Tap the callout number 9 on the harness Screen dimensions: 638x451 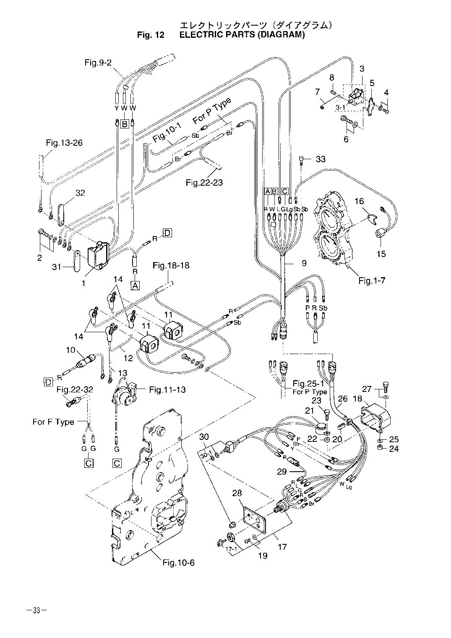pos(304,263)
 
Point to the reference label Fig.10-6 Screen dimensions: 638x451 pos(178,562)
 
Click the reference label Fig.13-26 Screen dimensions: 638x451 pos(64,143)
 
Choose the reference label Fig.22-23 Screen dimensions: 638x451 pos(204,182)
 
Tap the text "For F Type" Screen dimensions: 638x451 pos(53,422)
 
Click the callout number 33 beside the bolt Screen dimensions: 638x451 pos(321,159)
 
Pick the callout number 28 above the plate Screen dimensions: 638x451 pos(238,492)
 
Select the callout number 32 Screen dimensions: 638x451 pos(80,193)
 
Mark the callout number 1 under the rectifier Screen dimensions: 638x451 pos(83,284)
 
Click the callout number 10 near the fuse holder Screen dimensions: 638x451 pos(70,350)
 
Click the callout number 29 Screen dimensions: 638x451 pos(282,472)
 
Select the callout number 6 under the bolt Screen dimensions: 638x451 pos(346,139)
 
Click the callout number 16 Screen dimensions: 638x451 pos(360,202)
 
